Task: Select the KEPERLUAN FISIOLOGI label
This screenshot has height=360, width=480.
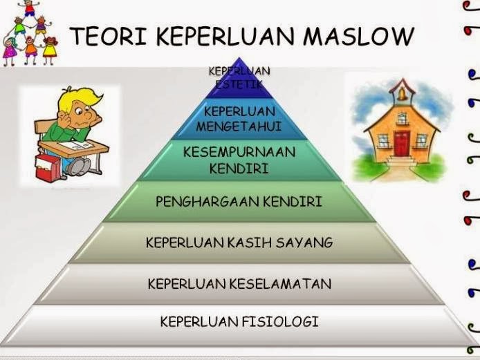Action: [x=239, y=321]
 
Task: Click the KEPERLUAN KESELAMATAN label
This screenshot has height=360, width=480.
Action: [x=239, y=283]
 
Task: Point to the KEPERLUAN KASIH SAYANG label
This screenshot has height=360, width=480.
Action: [x=239, y=243]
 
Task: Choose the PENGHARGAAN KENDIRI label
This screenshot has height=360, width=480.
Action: [x=239, y=202]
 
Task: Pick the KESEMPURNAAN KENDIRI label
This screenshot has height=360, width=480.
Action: [x=239, y=160]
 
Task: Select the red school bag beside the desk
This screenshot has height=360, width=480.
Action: [x=47, y=167]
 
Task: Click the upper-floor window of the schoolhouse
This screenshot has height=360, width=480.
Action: [x=402, y=117]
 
